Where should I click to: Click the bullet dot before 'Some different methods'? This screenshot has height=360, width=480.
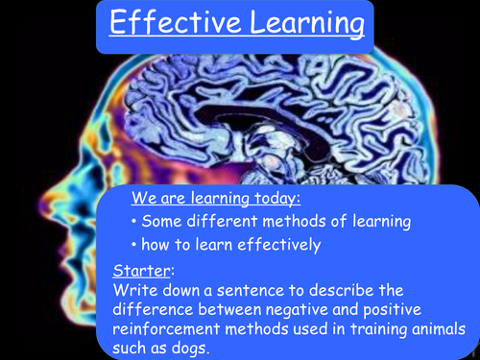click(x=131, y=223)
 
